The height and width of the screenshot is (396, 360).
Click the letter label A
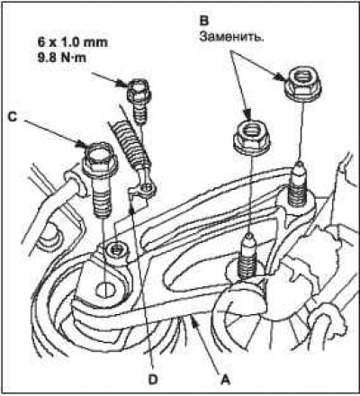click(225, 381)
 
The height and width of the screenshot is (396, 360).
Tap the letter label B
click(204, 21)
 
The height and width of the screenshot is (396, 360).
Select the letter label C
click(12, 117)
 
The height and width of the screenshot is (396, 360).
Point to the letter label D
click(153, 380)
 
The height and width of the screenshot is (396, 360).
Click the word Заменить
click(231, 37)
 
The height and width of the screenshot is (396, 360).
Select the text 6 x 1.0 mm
click(72, 42)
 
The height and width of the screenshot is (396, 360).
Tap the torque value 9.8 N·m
click(62, 57)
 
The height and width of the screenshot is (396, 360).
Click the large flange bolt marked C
click(100, 180)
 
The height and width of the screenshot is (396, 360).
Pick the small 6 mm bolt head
click(139, 89)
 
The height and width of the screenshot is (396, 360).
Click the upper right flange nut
click(302, 83)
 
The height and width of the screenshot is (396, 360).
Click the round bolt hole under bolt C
click(105, 290)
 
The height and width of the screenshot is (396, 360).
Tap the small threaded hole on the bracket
click(117, 248)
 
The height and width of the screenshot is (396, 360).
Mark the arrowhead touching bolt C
click(82, 143)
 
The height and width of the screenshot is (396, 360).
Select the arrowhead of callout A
click(195, 322)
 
